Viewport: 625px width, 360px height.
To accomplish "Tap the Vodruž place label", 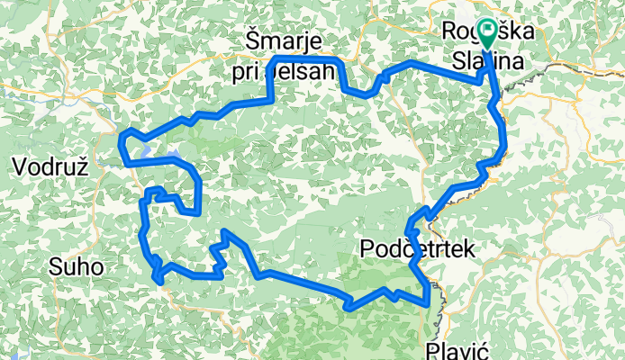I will tap(50, 166).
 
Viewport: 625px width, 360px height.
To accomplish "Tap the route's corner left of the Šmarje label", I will tap(274, 59).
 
